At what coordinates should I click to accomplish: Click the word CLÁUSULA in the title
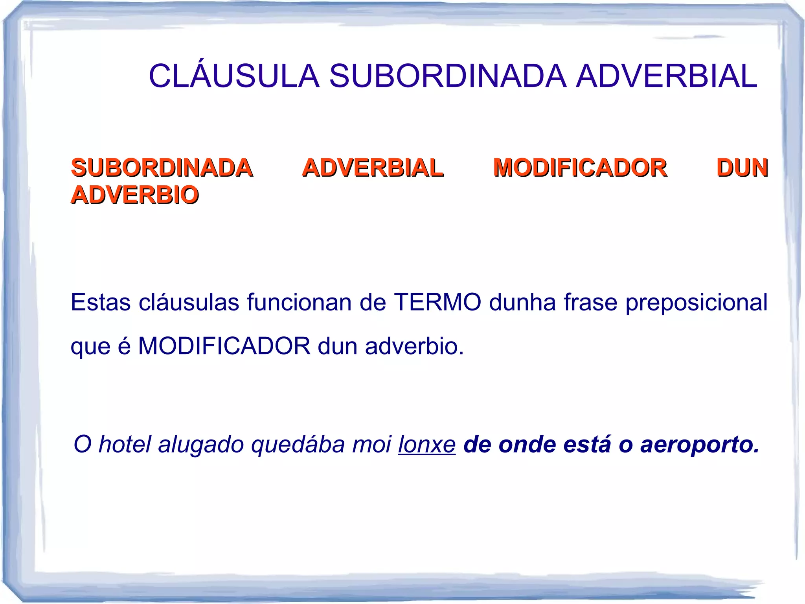234,76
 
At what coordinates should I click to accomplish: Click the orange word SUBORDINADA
162,168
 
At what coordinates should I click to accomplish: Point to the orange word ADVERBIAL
373,168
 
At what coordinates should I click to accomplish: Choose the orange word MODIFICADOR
580,168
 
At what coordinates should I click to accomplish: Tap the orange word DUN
742,168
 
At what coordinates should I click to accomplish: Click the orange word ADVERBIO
135,195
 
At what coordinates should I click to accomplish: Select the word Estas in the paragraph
101,303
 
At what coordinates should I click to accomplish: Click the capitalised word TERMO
437,303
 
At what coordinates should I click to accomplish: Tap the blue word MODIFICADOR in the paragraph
224,346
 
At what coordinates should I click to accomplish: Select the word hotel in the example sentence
125,444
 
